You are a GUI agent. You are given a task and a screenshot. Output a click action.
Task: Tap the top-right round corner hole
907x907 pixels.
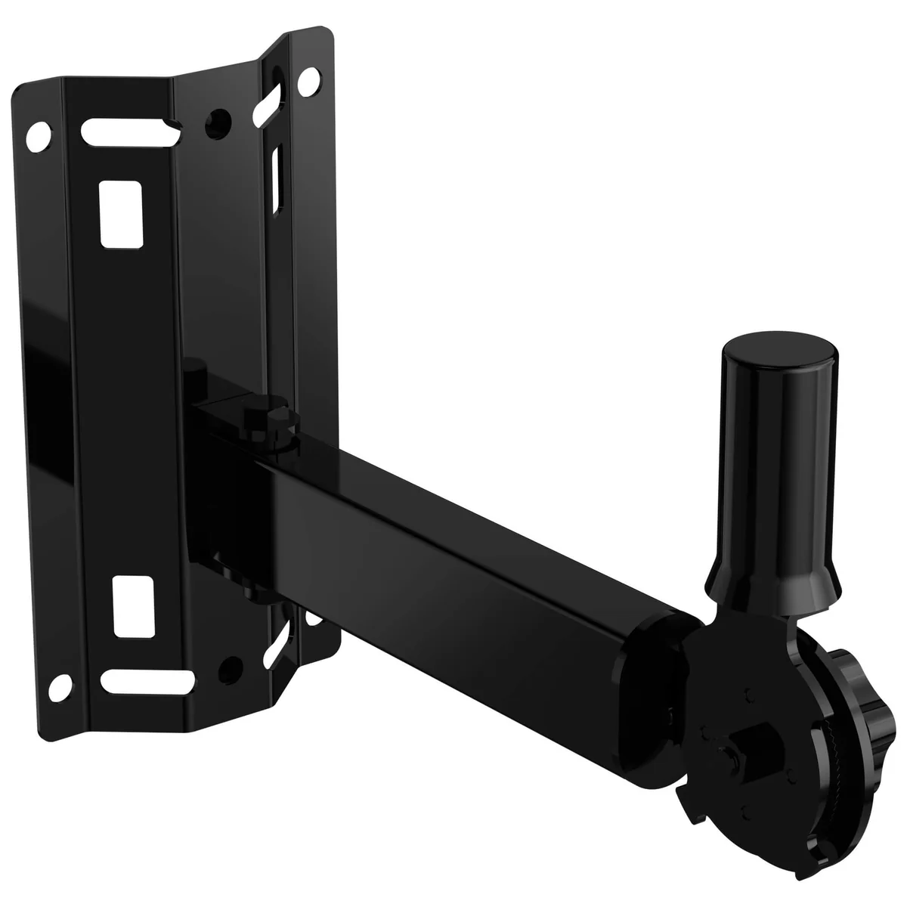pos(307,80)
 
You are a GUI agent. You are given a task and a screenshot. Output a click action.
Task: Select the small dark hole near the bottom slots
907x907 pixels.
pos(224,666)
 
